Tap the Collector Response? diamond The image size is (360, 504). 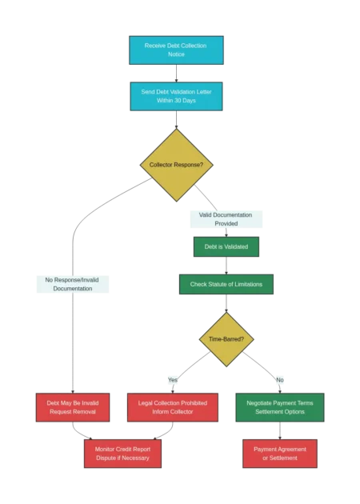[x=176, y=165]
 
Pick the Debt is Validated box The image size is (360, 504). [x=226, y=246]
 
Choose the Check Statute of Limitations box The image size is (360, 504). [x=226, y=284]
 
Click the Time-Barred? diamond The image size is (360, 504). [x=226, y=339]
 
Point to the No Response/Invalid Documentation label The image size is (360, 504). [x=73, y=284]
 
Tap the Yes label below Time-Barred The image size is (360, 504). [x=173, y=378]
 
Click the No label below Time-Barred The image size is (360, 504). [x=280, y=378]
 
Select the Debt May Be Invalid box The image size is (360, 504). [x=71, y=407]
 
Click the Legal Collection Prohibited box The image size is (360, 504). [x=173, y=407]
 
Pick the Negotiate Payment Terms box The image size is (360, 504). [x=280, y=407]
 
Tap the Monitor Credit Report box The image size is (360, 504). [x=122, y=454]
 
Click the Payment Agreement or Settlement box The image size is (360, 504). [x=280, y=454]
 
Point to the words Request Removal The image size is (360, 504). [x=71, y=412]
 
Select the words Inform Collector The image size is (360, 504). [x=173, y=412]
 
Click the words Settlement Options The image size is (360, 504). [x=280, y=412]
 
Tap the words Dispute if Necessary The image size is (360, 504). [x=122, y=458]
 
